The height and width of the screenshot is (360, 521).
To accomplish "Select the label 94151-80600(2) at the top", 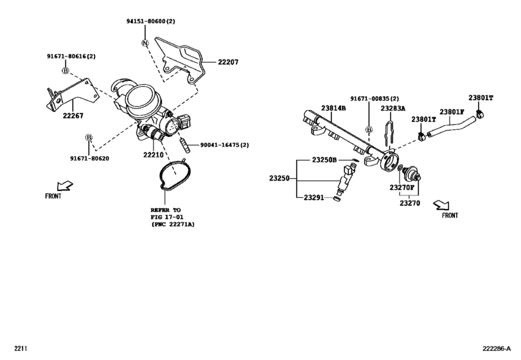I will click(152, 21).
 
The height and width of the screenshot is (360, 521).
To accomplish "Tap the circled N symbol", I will click(145, 42).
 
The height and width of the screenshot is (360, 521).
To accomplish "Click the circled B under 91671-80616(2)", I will click(66, 69).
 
